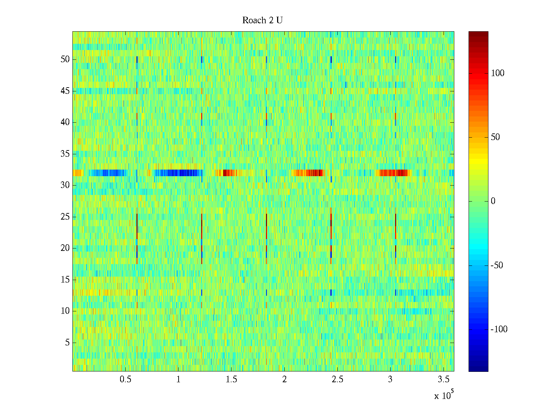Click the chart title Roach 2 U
point(262,21)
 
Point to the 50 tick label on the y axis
point(65,59)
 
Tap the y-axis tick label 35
point(65,154)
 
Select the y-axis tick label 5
point(67,343)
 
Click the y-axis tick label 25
point(65,217)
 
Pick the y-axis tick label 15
point(65,280)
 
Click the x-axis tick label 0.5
point(125,379)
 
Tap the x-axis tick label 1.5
point(232,379)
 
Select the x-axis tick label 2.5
point(337,379)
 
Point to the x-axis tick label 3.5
point(443,379)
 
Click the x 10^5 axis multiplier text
point(444,395)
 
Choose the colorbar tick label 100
point(497,73)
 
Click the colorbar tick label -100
point(499,329)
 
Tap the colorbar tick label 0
point(493,202)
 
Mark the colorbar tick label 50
point(495,137)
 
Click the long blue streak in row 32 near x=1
point(178,173)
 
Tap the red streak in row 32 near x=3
point(393,173)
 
